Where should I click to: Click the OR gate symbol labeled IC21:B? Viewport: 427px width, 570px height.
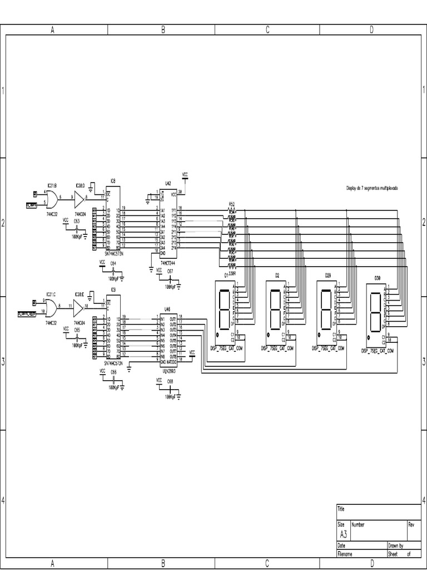tap(52, 198)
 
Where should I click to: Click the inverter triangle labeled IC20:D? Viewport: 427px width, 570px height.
tap(79, 198)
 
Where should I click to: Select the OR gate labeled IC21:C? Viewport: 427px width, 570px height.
tap(52, 307)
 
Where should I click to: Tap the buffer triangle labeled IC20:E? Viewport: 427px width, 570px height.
tap(79, 307)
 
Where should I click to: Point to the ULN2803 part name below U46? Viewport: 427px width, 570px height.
tap(168, 367)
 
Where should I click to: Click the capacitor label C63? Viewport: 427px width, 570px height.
tap(77, 221)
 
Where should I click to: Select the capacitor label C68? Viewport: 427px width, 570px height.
tap(170, 381)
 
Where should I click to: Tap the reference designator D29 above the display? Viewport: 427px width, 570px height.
tap(329, 276)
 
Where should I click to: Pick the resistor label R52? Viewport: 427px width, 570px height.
tap(232, 204)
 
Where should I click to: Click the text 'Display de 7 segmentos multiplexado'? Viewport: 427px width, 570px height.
tap(372, 189)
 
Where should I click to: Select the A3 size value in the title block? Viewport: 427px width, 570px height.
tap(342, 533)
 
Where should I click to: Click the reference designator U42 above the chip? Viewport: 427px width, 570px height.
tap(168, 183)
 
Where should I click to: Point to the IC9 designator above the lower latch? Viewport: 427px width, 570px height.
tap(113, 290)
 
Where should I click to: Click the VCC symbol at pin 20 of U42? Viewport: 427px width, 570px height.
tap(185, 174)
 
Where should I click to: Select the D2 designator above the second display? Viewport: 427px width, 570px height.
tap(277, 276)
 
